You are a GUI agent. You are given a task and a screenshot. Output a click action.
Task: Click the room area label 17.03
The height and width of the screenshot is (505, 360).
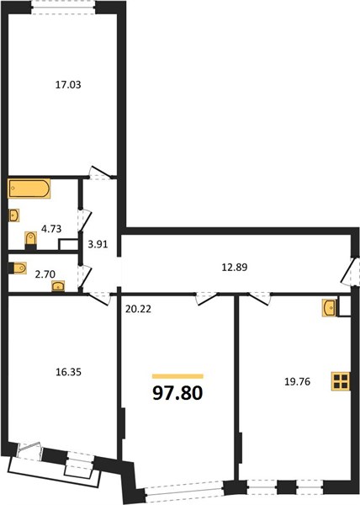point(68,85)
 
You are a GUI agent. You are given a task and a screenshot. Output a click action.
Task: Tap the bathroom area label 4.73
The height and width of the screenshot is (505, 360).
point(51,229)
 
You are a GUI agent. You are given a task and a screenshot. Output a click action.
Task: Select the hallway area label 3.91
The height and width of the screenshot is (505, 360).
point(98,244)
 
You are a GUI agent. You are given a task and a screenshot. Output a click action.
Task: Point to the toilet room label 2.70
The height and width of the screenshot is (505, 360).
point(45,274)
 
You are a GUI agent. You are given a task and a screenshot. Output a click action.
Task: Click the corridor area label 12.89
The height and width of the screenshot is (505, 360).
point(235,267)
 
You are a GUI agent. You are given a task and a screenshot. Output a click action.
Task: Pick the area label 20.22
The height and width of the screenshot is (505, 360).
point(138,309)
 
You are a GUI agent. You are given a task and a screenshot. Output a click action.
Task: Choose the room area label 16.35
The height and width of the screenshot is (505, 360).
point(68,372)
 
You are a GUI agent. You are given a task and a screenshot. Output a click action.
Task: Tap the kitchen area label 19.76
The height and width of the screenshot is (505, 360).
point(297,381)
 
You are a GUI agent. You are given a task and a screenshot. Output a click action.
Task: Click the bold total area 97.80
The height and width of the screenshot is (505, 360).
point(177,393)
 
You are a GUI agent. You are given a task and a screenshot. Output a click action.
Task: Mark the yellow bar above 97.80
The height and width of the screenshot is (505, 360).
point(177,376)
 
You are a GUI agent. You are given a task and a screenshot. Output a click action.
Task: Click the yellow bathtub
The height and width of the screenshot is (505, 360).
point(29,189)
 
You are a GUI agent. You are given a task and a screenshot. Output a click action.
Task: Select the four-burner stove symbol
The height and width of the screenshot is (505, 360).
point(341,381)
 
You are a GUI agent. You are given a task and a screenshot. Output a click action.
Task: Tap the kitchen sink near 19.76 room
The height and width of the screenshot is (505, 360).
point(329,307)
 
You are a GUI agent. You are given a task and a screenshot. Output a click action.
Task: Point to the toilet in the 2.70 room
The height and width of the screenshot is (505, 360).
point(18,268)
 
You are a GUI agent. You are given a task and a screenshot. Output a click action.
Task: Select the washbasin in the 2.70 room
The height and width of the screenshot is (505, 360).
point(58,286)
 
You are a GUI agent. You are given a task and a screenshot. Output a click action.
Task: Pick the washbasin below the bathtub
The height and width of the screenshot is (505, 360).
point(13,215)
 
